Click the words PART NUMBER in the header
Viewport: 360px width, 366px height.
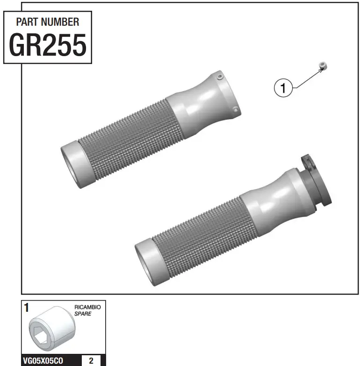[x=48, y=22]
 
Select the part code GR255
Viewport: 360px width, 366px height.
[x=48, y=45]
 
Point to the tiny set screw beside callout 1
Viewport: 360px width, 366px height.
[x=322, y=65]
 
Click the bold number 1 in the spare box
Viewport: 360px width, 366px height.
[x=27, y=308]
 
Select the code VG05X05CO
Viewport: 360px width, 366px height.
[x=43, y=361]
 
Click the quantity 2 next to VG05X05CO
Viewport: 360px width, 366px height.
[x=91, y=361]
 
